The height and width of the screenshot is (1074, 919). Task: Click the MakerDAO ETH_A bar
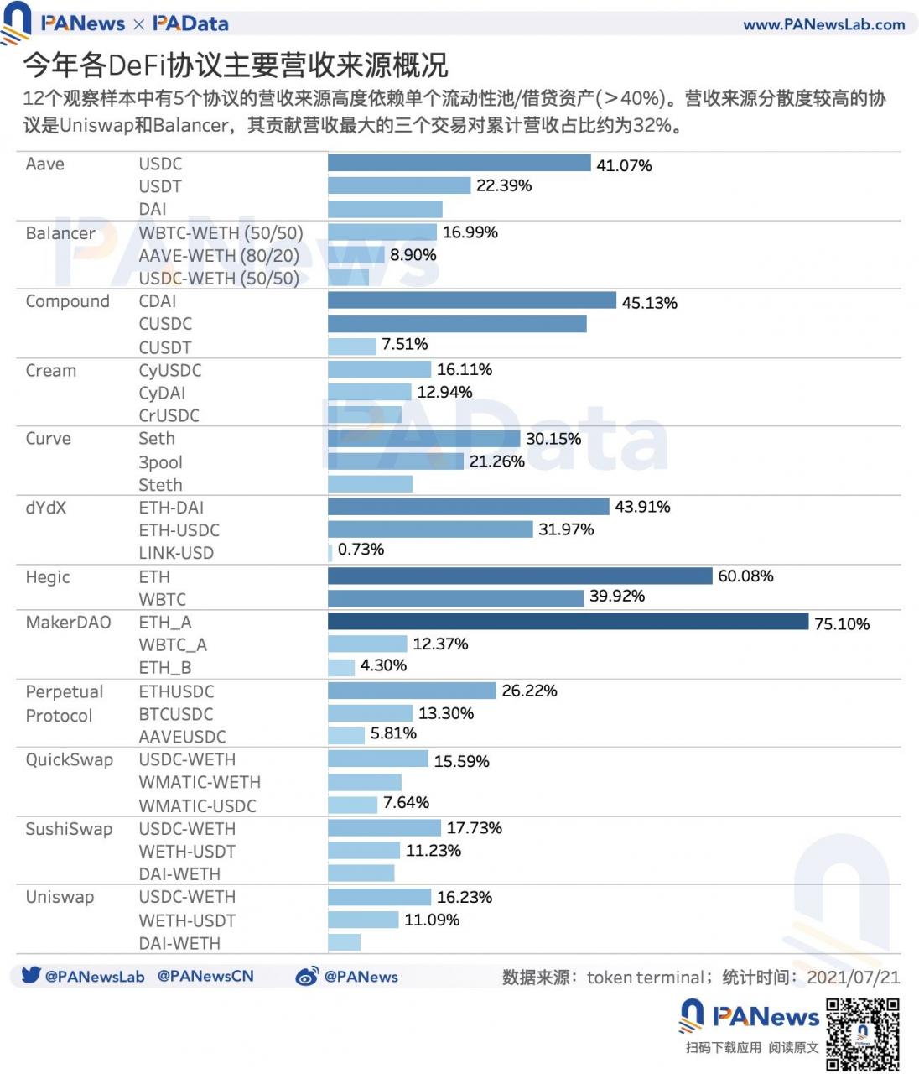(x=568, y=622)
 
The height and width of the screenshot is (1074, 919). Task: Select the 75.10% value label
(x=841, y=624)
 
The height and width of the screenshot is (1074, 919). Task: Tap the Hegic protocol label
(x=48, y=577)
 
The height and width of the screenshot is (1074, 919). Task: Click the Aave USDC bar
(x=459, y=163)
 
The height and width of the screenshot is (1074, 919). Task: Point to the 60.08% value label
(x=745, y=576)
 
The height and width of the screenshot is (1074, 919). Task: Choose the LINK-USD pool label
(x=176, y=553)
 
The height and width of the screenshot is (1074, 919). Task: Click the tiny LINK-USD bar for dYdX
(x=330, y=552)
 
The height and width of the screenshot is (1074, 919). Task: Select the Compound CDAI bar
(x=471, y=300)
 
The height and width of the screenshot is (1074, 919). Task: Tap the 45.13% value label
(x=649, y=303)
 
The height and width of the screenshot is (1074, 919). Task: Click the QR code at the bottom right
(x=862, y=1034)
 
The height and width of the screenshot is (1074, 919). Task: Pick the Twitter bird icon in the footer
(x=31, y=975)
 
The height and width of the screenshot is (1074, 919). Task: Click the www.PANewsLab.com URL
(x=823, y=24)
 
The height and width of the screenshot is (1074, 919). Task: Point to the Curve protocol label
(x=48, y=439)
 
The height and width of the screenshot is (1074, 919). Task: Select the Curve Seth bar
(x=423, y=438)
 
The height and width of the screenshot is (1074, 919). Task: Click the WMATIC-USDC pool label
(x=197, y=805)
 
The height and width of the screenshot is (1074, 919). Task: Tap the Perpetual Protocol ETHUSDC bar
(x=412, y=691)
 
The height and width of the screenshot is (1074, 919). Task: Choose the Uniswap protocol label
(x=60, y=897)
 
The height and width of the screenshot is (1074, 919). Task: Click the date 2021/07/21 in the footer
(x=853, y=978)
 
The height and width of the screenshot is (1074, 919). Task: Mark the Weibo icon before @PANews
(x=307, y=977)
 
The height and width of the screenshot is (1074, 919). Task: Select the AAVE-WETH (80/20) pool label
(x=218, y=256)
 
